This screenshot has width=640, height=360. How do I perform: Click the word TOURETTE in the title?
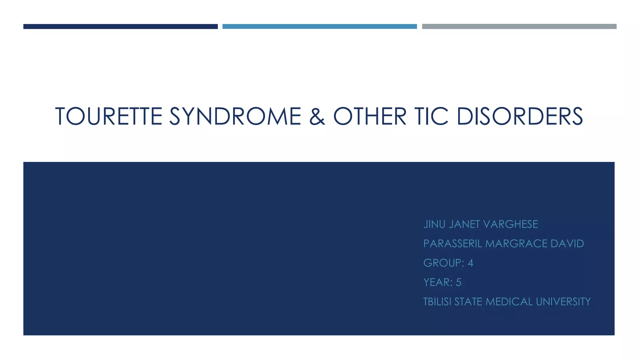(109, 116)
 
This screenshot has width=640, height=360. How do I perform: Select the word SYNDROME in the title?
(235, 116)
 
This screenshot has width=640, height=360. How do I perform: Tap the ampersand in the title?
(317, 116)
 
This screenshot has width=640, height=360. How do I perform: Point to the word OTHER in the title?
(370, 116)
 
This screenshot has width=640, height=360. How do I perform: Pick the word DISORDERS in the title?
(519, 116)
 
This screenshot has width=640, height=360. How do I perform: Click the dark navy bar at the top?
(120, 27)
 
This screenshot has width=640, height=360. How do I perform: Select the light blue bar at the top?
(319, 27)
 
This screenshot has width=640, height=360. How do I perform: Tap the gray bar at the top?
(519, 27)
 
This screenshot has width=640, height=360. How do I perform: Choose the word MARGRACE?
(516, 244)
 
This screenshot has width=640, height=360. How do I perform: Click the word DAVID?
(567, 244)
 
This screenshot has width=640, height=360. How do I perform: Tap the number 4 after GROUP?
(470, 263)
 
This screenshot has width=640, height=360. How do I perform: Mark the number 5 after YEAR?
(458, 282)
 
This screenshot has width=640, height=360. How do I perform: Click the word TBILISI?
(437, 302)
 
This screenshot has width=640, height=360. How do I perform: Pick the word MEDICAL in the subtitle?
(509, 302)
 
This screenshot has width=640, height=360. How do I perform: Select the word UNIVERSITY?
(563, 302)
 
